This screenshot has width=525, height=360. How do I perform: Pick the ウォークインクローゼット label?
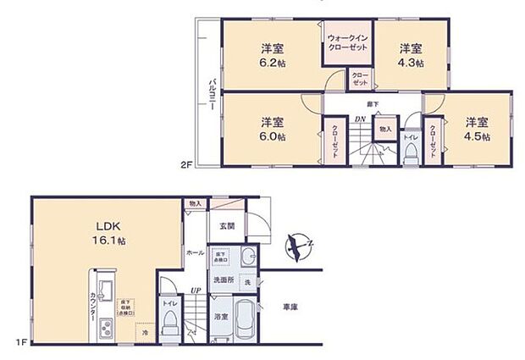[x=347, y=42]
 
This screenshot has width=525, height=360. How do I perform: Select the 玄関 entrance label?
[x=226, y=225]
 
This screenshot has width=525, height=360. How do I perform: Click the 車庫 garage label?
[x=290, y=306]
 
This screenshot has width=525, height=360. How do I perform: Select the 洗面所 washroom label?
[x=223, y=279]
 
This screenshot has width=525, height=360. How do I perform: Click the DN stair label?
[x=359, y=119]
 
